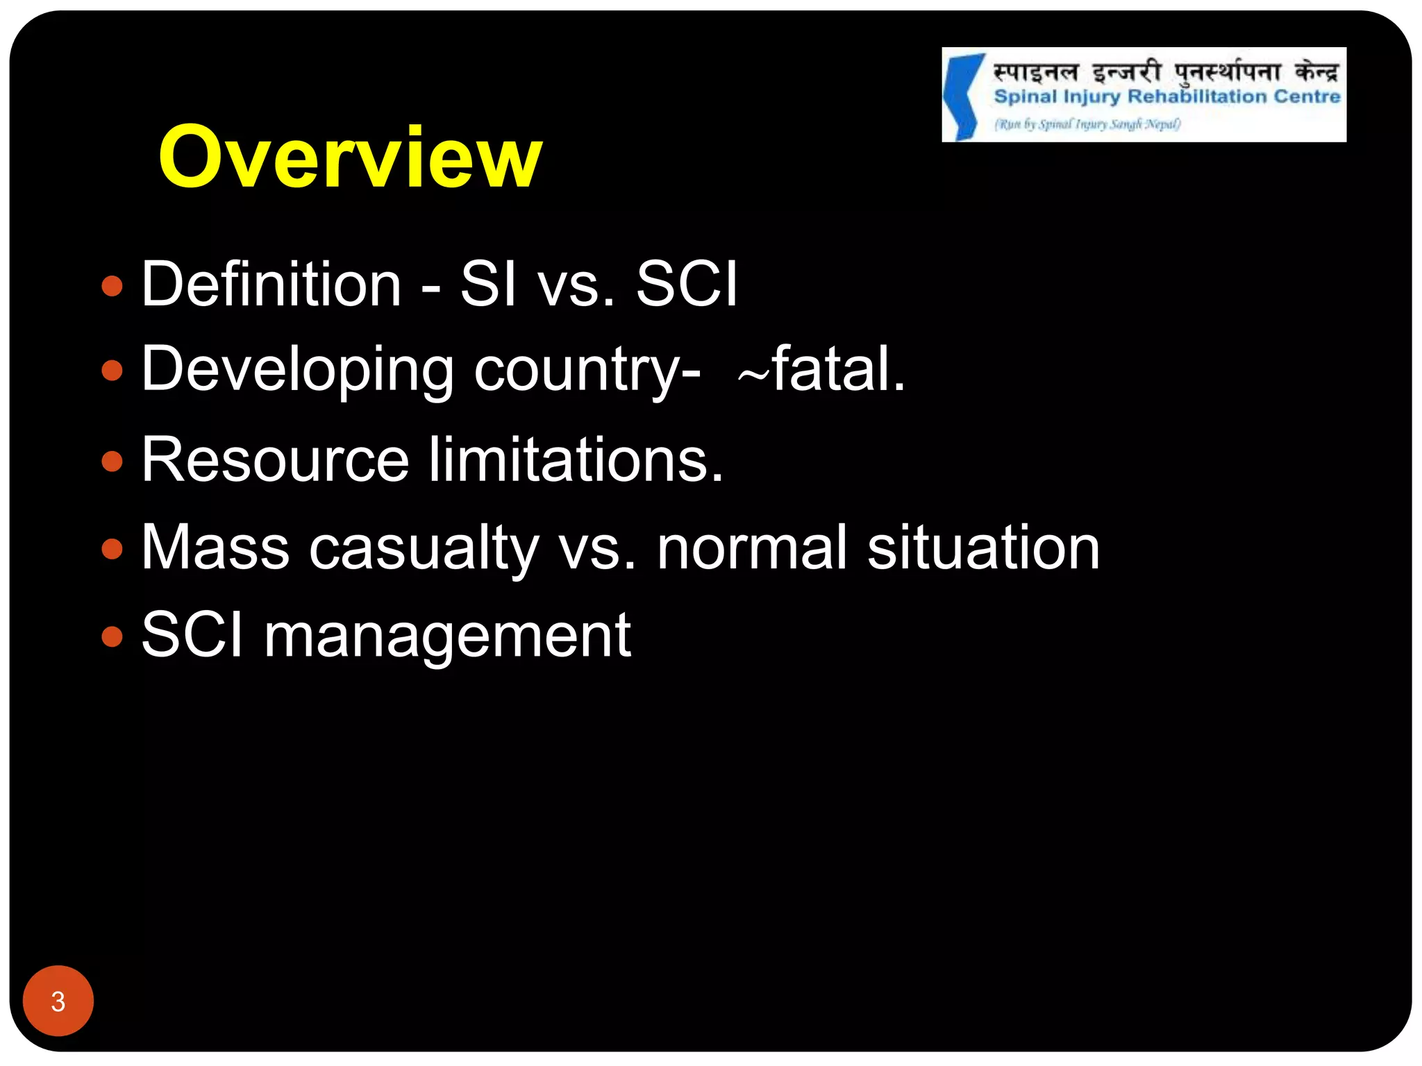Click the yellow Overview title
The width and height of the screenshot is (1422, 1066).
pyautogui.click(x=350, y=158)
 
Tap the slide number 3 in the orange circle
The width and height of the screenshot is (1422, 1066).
pyautogui.click(x=58, y=1001)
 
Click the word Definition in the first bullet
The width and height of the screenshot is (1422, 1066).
pyautogui.click(x=271, y=284)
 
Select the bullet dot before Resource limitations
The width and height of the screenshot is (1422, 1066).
pyautogui.click(x=112, y=461)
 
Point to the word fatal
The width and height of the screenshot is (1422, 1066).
pyautogui.click(x=838, y=369)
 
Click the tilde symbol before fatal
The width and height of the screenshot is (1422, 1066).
pyautogui.click(x=753, y=375)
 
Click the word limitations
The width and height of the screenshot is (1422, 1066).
pyautogui.click(x=576, y=460)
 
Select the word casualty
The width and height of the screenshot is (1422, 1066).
pyautogui.click(x=424, y=549)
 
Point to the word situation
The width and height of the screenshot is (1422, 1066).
pyautogui.click(x=983, y=548)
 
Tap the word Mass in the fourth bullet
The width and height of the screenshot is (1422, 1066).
pyautogui.click(x=215, y=548)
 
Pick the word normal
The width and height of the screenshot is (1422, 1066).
pyautogui.click(x=752, y=548)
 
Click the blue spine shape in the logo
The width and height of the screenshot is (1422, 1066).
pyautogui.click(x=962, y=96)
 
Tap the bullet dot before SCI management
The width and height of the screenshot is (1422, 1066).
pyautogui.click(x=112, y=636)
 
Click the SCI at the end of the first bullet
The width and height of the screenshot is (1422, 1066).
pyautogui.click(x=686, y=284)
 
